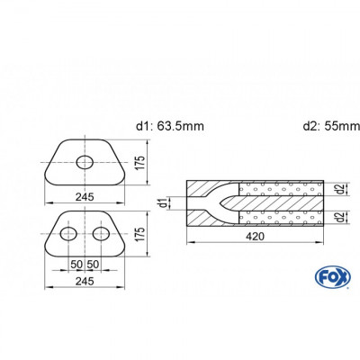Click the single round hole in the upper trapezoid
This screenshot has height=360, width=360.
85,163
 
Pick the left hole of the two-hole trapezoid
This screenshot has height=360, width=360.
68,236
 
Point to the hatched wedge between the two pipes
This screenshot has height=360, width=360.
270,203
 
